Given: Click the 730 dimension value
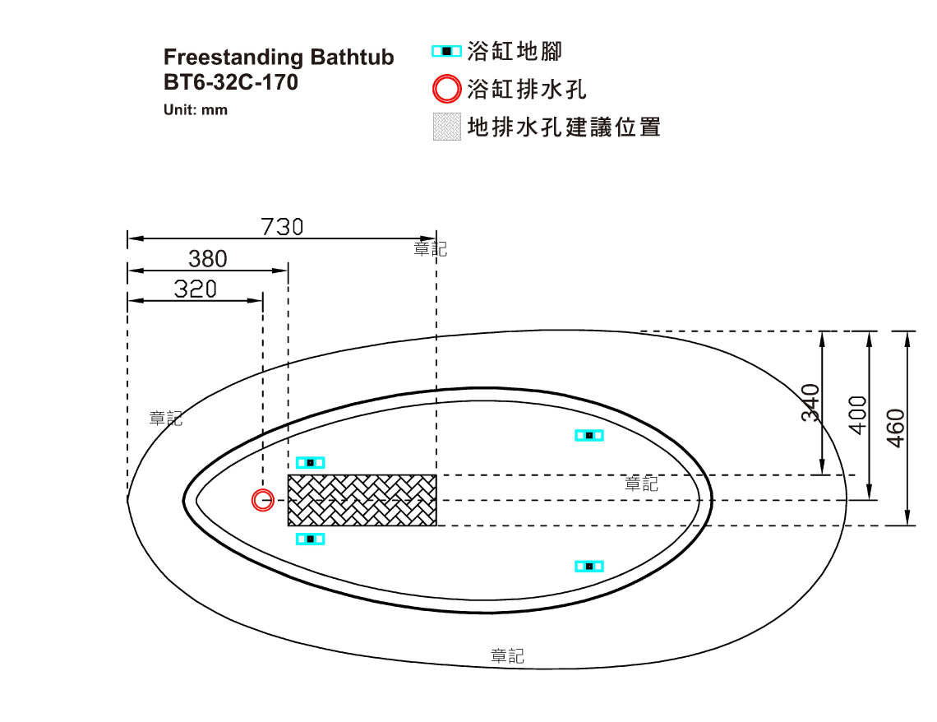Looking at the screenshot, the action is coord(282,227).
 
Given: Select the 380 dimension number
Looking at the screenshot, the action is coord(208,259).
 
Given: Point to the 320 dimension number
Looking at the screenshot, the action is coord(196,289).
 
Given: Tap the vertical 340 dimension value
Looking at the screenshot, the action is coord(810,403).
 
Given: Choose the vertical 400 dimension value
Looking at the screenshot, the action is coord(857,415).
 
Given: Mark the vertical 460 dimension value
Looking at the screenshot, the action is coord(896,428).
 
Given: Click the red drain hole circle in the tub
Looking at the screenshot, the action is coord(263,500).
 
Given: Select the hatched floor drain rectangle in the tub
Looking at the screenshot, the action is coord(362,500).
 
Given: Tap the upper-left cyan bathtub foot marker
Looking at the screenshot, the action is coord(310,463).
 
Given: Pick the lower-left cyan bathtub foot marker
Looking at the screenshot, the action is coord(310,539).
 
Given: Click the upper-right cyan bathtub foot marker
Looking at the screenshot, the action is coord(589,435).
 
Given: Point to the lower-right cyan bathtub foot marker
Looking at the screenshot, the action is coord(589,566).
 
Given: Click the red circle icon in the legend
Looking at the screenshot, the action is coord(447,89).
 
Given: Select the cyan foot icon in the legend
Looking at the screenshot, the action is coord(447,52).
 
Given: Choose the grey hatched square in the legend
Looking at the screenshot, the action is coord(447,127).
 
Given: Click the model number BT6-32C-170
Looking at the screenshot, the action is coord(231,82).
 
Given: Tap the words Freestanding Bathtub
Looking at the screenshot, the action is coord(279,58).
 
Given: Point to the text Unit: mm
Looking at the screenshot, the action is coord(196,110).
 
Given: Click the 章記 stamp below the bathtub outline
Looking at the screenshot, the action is coord(507,656).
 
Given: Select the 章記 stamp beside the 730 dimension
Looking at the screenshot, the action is coord(430,248).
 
